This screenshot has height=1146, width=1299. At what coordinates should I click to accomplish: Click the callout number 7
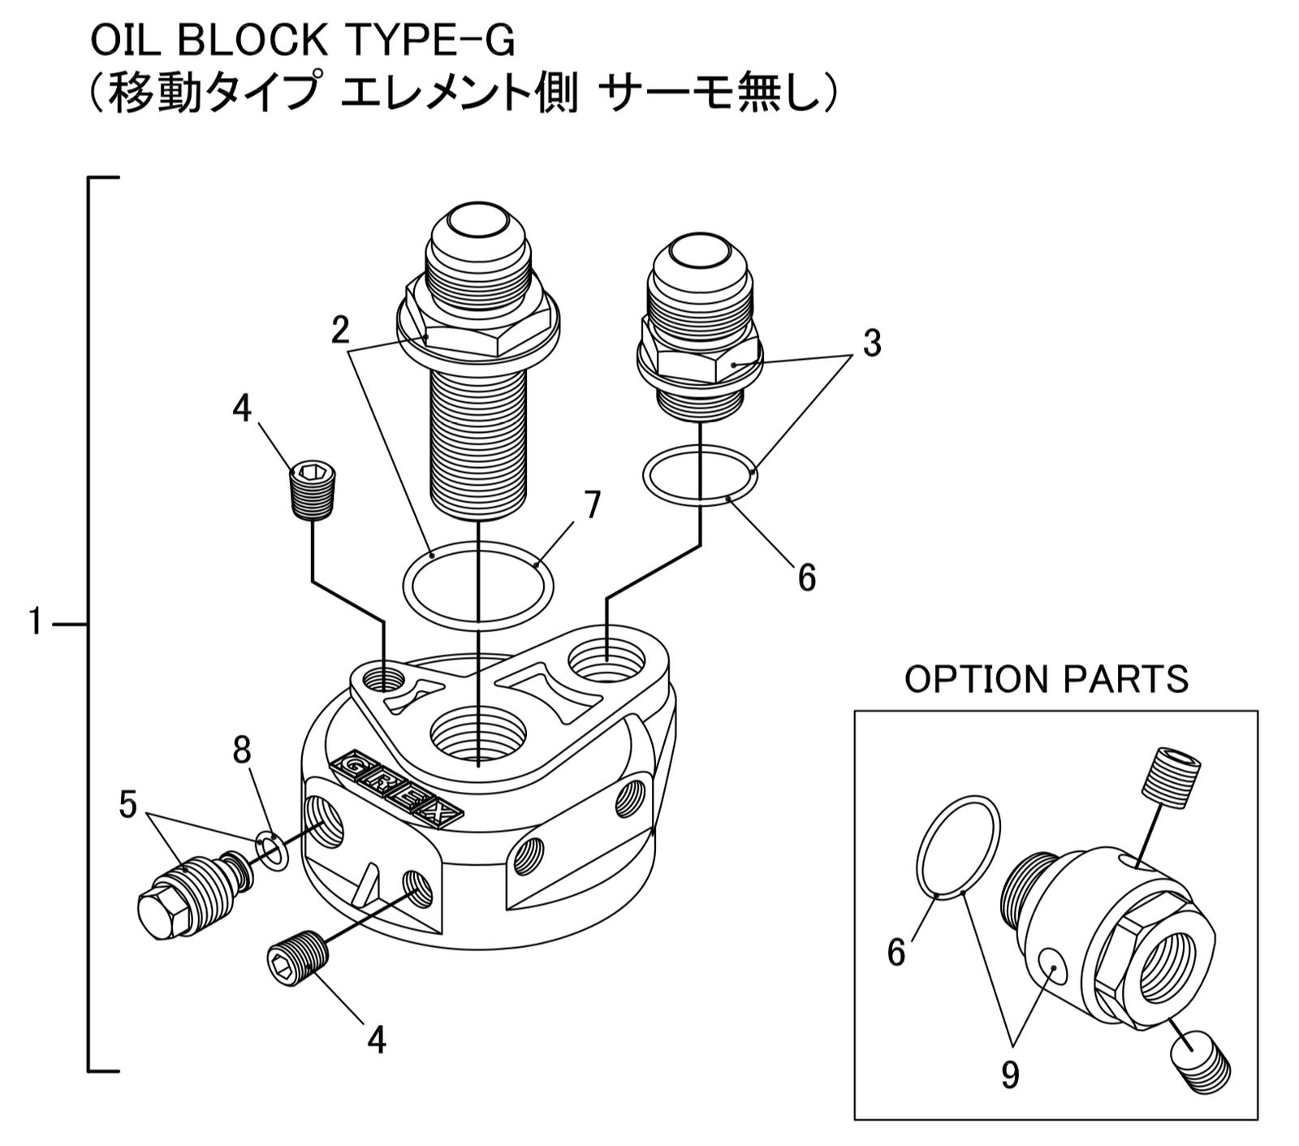pos(593,505)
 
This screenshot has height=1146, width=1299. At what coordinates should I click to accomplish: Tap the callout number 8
pos(242,750)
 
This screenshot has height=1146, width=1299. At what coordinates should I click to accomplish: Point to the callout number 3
pos(871,344)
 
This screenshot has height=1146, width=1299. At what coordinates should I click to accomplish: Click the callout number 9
pos(1009,1075)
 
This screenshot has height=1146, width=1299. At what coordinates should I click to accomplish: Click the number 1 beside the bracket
pos(34,622)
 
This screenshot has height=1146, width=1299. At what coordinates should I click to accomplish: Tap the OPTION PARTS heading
pos(1046,679)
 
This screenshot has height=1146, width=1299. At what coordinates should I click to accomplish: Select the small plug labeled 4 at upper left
pos(313,490)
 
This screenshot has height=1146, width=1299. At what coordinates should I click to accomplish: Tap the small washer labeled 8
pos(271,850)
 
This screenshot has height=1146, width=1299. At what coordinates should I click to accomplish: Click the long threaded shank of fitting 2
pos(479,447)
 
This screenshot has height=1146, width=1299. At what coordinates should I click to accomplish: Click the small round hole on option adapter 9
pos(1052,967)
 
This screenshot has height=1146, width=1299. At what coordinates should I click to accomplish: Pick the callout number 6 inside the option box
pos(896,952)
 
